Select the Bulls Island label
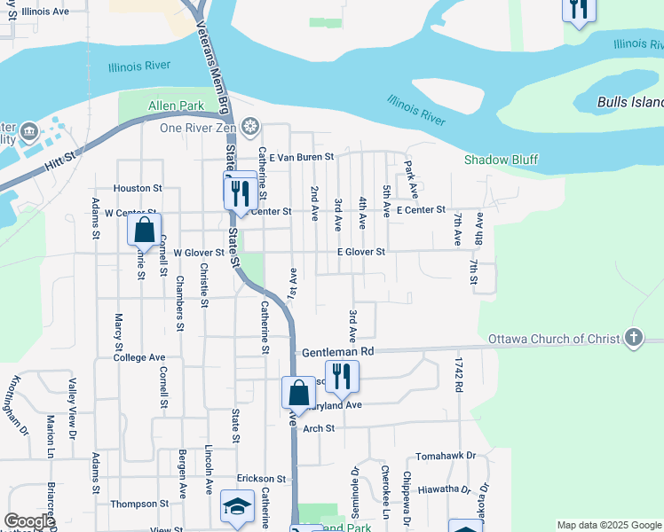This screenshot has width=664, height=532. [x=630, y=103]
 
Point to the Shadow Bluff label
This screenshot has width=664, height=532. [x=502, y=160]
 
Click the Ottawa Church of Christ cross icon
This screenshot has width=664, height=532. [x=633, y=338]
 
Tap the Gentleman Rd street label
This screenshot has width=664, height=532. [x=338, y=351]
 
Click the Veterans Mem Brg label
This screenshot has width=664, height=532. [x=212, y=67]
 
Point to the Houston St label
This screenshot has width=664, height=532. [x=138, y=188]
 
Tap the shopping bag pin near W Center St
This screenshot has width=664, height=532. [x=144, y=231]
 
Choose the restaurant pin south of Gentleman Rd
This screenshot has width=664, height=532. [x=342, y=377]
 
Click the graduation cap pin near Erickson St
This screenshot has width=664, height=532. [x=237, y=506]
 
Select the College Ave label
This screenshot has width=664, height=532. [x=139, y=357]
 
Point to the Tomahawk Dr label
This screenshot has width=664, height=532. [x=446, y=456]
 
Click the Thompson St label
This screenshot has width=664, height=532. [x=139, y=504]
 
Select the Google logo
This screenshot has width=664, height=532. [x=28, y=521]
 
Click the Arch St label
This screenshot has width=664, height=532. [x=318, y=428]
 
